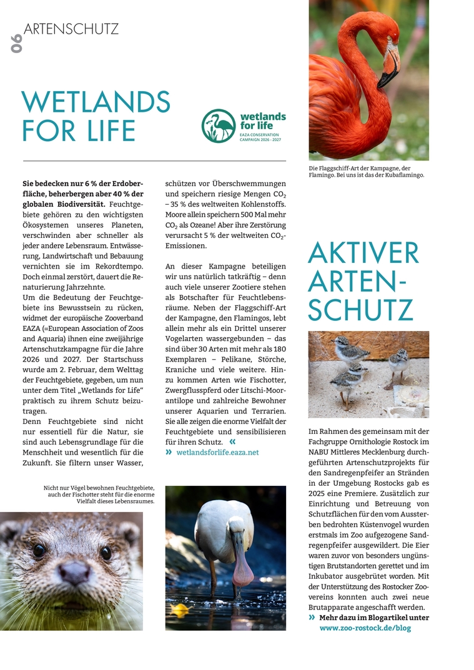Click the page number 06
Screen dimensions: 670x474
[16, 43]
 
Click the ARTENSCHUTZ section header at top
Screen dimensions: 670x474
[71, 29]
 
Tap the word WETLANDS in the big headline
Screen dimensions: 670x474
[96, 102]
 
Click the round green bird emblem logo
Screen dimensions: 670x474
[219, 126]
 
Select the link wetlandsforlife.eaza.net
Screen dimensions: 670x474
[217, 452]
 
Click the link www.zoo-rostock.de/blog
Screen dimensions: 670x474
[365, 628]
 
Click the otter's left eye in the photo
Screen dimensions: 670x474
[39, 549]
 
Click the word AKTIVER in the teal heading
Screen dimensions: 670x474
[363, 253]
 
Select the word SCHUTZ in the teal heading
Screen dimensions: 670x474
[360, 310]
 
